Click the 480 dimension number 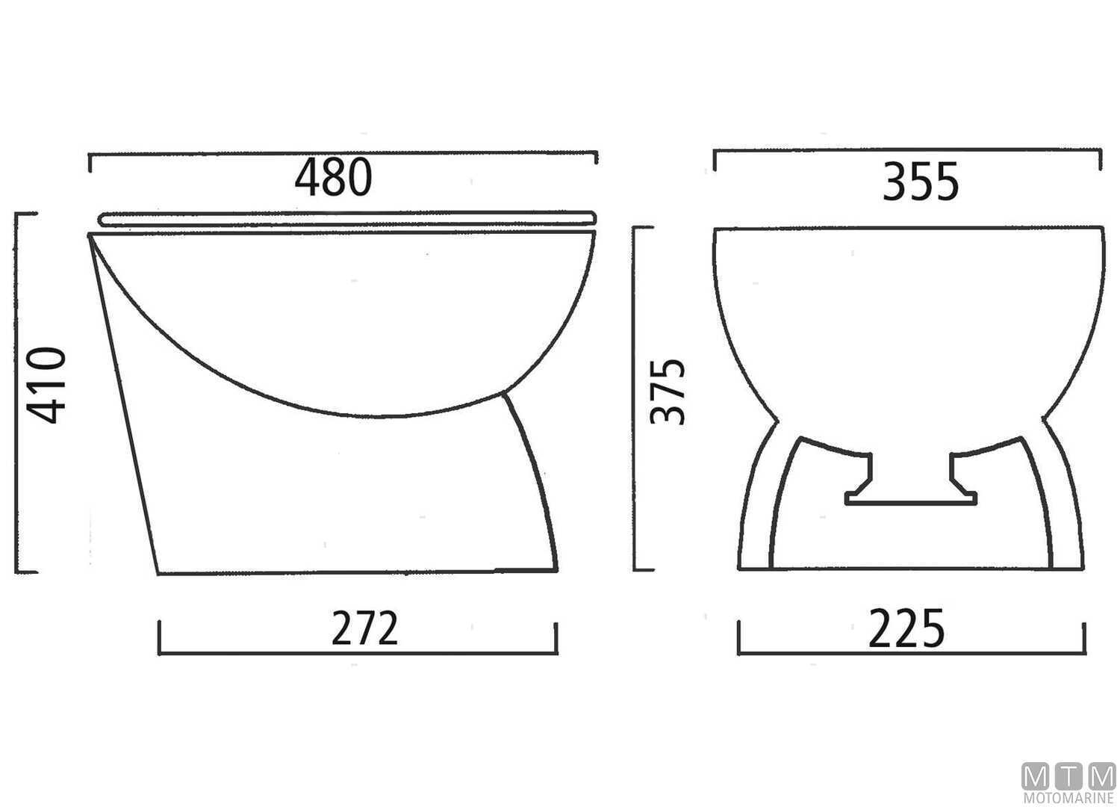click(x=333, y=179)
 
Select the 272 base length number click(x=365, y=628)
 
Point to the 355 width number click(x=920, y=183)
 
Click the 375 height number click(x=668, y=391)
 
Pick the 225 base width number click(x=906, y=628)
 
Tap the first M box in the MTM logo click(x=1035, y=776)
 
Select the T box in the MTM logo click(x=1068, y=776)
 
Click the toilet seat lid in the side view click(x=347, y=217)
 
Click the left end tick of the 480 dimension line click(x=90, y=162)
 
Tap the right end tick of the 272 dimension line click(x=557, y=638)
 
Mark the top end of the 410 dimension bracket click(x=25, y=214)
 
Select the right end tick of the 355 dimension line click(x=1101, y=160)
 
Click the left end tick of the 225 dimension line click(x=739, y=637)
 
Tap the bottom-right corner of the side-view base click(x=557, y=572)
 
